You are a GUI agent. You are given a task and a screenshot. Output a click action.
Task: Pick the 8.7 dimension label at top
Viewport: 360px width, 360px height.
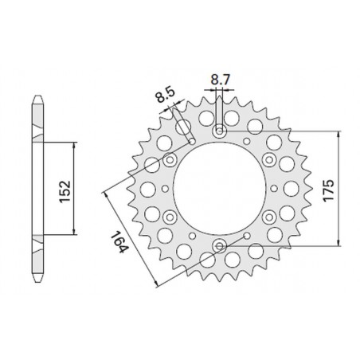point(221,80)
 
